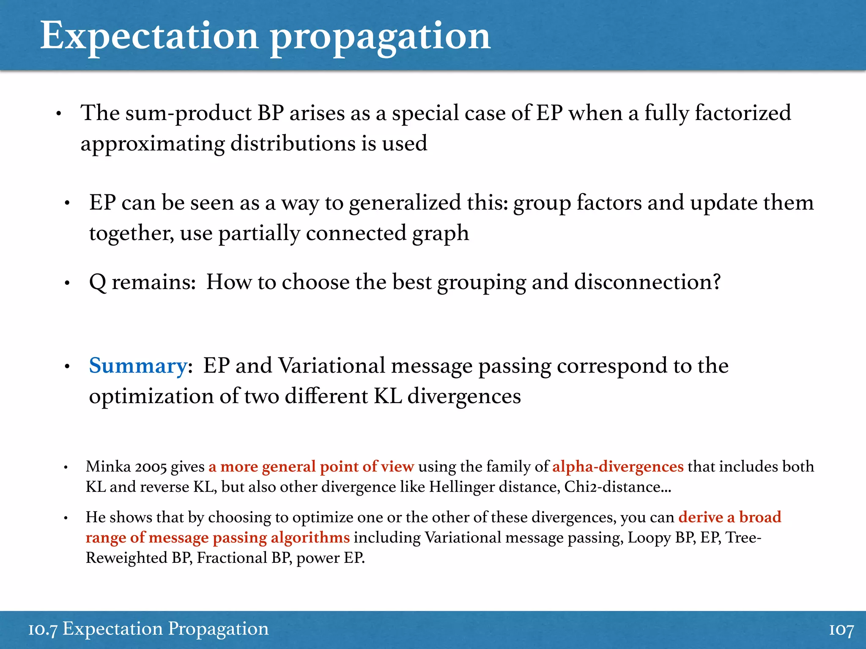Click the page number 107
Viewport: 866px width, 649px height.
(x=841, y=630)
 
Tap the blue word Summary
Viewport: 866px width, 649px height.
(x=138, y=365)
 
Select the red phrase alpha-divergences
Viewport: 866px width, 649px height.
(x=618, y=466)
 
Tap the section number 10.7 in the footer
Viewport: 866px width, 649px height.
(x=42, y=629)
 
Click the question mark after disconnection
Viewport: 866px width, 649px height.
(x=716, y=282)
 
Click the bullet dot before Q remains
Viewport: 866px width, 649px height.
(x=67, y=283)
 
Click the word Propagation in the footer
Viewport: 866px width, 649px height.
(x=218, y=629)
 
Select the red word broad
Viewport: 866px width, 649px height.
(x=760, y=517)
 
